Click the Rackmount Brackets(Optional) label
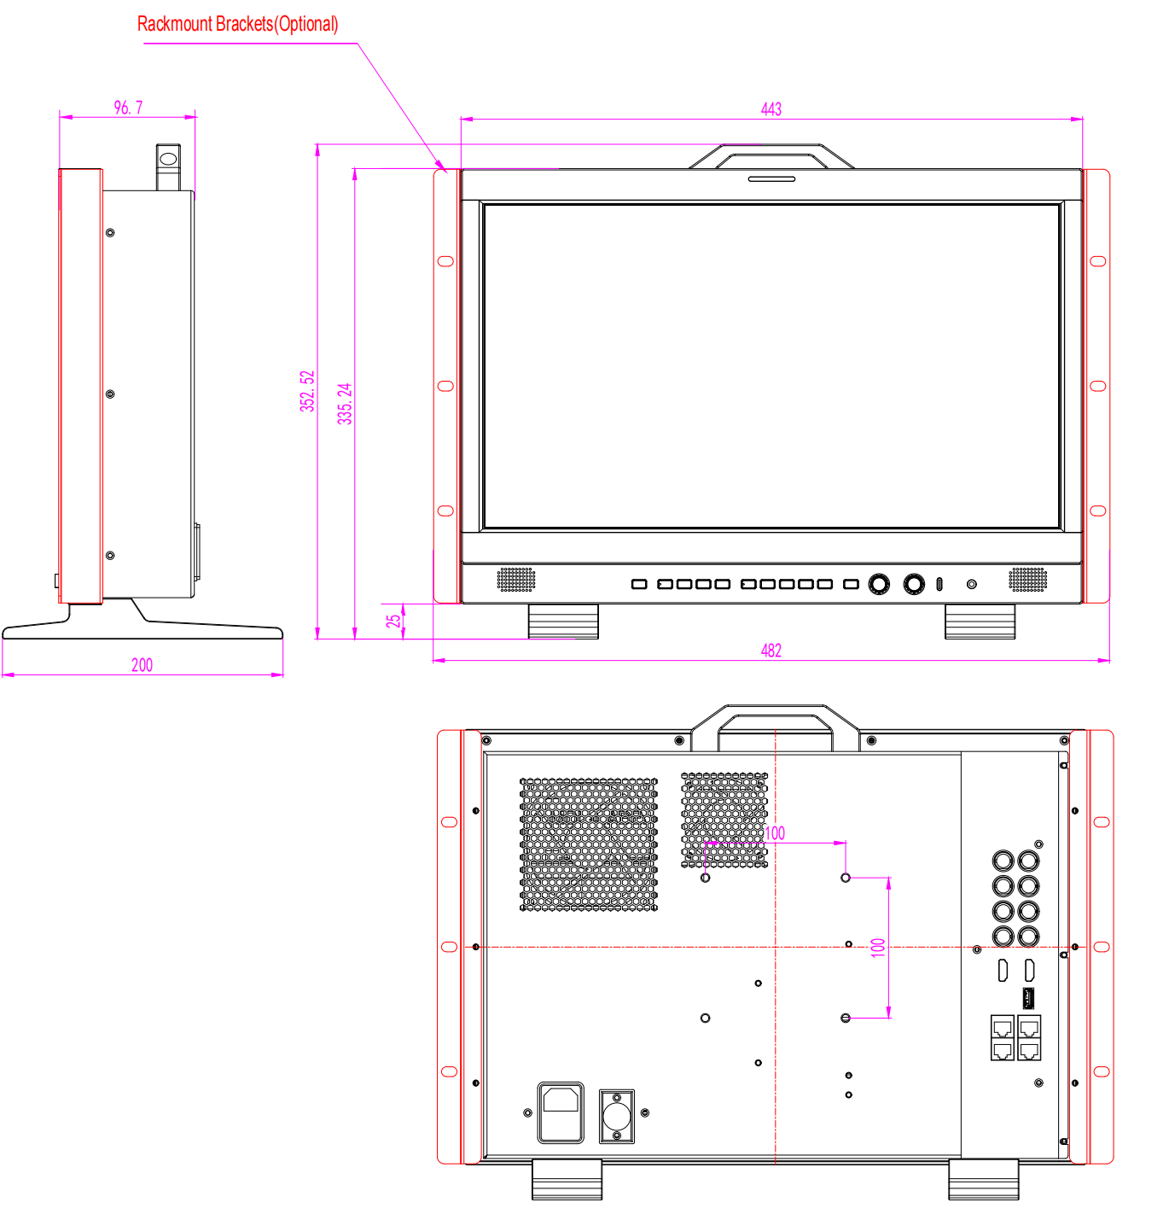237,24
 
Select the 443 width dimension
771,109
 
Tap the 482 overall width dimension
771,650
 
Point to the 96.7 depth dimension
128,108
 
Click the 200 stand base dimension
142,664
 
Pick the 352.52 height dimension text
307,390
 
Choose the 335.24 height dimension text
345,404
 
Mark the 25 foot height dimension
393,621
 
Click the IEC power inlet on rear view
560,1112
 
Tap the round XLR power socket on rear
616,1116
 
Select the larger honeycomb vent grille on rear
588,843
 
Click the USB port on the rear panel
1028,998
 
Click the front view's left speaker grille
515,580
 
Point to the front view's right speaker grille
1027,580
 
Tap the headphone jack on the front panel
971,584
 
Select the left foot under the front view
562,621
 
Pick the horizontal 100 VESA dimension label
774,832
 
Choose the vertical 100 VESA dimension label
878,947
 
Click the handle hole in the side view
168,159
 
